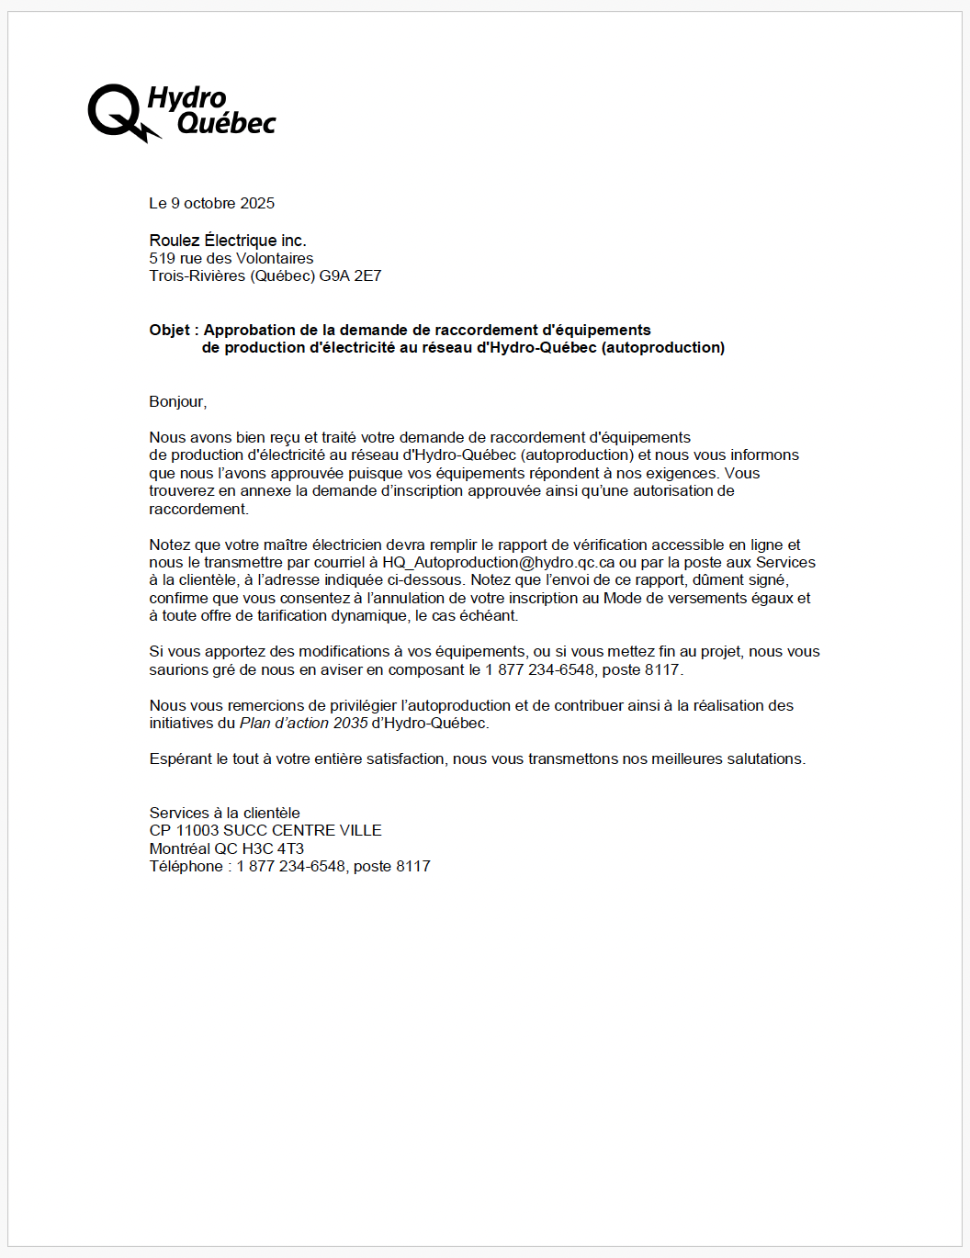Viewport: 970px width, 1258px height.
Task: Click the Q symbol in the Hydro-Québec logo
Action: click(115, 111)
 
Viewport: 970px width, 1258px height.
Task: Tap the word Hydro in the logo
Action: click(187, 97)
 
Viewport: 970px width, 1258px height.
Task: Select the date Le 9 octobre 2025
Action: click(212, 203)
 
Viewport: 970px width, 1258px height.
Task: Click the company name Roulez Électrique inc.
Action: click(228, 241)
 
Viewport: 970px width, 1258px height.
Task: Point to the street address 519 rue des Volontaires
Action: click(231, 258)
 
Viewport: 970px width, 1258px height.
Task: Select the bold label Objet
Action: click(169, 330)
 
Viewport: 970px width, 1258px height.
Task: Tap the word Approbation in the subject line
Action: click(249, 330)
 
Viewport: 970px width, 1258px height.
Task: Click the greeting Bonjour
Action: click(177, 401)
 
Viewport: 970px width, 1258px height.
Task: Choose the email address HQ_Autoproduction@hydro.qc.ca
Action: click(499, 562)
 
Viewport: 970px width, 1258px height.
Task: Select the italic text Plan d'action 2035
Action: click(303, 723)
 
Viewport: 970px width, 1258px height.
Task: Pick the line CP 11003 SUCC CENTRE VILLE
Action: click(265, 830)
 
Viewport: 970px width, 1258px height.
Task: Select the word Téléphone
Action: click(186, 866)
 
